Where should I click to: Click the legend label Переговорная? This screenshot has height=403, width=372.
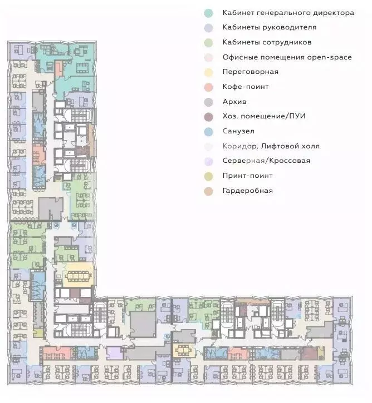(250, 72)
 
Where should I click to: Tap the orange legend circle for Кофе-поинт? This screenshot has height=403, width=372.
(208, 87)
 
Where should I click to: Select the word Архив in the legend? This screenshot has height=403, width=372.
(234, 102)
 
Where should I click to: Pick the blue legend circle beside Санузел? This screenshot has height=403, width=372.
(208, 132)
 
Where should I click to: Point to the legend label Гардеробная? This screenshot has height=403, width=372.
(247, 191)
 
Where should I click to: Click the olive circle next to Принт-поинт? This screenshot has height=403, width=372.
(208, 176)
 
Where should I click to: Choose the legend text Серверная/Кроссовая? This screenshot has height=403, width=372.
(266, 161)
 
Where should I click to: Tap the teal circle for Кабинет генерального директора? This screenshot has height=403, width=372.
(208, 13)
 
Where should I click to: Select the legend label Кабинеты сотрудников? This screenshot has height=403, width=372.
(267, 42)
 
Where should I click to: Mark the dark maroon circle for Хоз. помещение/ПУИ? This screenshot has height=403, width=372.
(208, 117)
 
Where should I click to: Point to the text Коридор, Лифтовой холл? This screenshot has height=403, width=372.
(271, 146)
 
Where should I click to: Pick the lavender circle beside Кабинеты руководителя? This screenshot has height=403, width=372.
(208, 28)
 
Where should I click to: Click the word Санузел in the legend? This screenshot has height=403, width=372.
(238, 131)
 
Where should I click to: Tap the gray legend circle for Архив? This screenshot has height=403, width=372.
(208, 102)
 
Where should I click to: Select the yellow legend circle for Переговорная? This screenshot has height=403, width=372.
(208, 72)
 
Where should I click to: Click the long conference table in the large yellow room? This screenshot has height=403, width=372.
(79, 276)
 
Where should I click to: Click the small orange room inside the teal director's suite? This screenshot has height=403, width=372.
(58, 68)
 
